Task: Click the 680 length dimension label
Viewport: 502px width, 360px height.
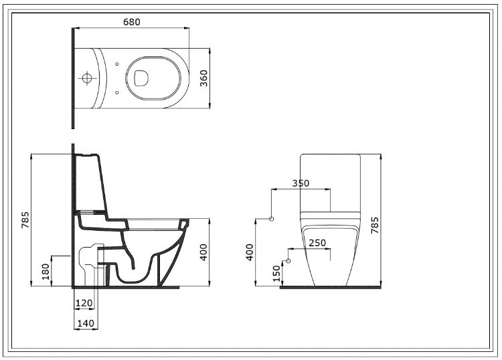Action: (x=132, y=22)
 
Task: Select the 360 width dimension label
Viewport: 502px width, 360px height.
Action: (x=203, y=78)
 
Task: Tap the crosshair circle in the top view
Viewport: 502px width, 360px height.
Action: (x=87, y=78)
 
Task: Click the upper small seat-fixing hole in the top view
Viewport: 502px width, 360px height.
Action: (x=117, y=64)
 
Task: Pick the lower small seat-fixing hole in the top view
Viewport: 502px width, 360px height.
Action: (x=117, y=92)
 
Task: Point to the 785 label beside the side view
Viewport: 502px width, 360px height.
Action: (x=25, y=220)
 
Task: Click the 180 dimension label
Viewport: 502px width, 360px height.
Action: (x=46, y=272)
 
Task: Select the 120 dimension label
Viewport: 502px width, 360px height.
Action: (x=84, y=302)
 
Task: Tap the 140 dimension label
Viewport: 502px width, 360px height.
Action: (x=86, y=323)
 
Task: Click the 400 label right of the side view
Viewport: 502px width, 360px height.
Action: (x=203, y=252)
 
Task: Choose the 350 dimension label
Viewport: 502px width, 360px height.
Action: (x=301, y=183)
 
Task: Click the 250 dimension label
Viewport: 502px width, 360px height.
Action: (x=317, y=243)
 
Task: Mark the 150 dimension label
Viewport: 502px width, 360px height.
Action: (x=276, y=274)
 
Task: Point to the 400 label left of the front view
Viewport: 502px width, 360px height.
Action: (x=250, y=252)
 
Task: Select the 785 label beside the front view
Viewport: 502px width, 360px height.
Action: (x=375, y=225)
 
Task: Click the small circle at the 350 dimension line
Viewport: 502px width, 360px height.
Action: (x=272, y=219)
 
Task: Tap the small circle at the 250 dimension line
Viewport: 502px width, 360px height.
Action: (x=288, y=261)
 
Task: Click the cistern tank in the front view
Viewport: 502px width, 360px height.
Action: (x=330, y=183)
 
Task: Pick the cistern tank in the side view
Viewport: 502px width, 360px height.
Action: (x=90, y=183)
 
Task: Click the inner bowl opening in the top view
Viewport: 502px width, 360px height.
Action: (x=142, y=78)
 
